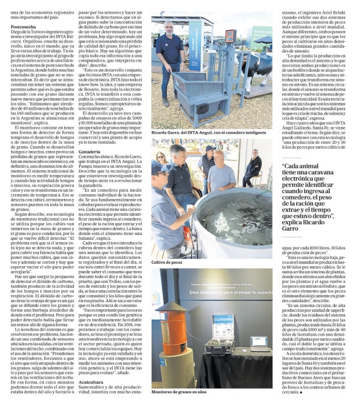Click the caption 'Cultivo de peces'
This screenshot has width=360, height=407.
pos(167,263)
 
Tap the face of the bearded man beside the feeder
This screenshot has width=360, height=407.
pos(169,28)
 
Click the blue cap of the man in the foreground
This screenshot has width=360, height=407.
pos(161,168)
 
